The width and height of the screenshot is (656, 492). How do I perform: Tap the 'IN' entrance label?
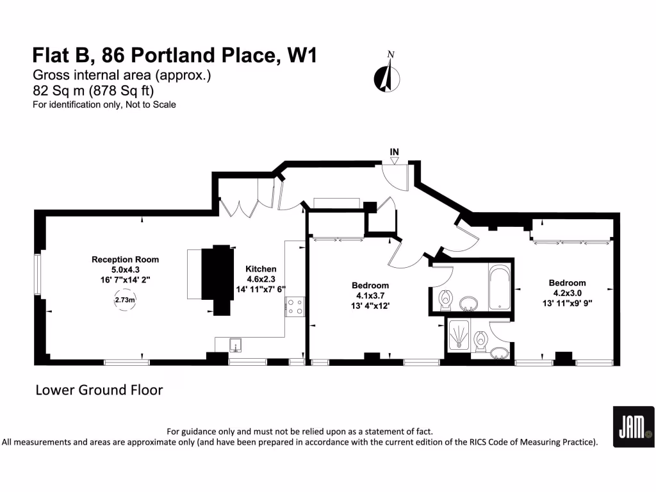395,152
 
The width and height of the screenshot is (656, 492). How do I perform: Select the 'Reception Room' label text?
125,259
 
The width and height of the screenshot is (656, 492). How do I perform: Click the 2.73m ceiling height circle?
125,300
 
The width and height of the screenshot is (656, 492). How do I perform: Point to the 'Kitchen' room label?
261,269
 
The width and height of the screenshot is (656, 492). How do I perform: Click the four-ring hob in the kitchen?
295,307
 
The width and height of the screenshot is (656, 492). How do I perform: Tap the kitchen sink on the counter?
236,345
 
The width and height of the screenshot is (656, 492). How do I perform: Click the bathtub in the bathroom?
498,287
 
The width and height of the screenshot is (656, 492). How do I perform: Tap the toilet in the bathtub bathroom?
445,298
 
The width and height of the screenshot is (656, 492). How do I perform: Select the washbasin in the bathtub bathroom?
470,303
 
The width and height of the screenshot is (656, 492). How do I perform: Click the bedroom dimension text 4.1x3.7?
370,295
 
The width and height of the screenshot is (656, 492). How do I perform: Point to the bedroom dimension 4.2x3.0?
566,293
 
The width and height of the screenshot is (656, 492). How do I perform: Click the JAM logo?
633,427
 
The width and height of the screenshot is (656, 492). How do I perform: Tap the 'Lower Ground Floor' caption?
99,389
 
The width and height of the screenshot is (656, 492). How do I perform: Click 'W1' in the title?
301,56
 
